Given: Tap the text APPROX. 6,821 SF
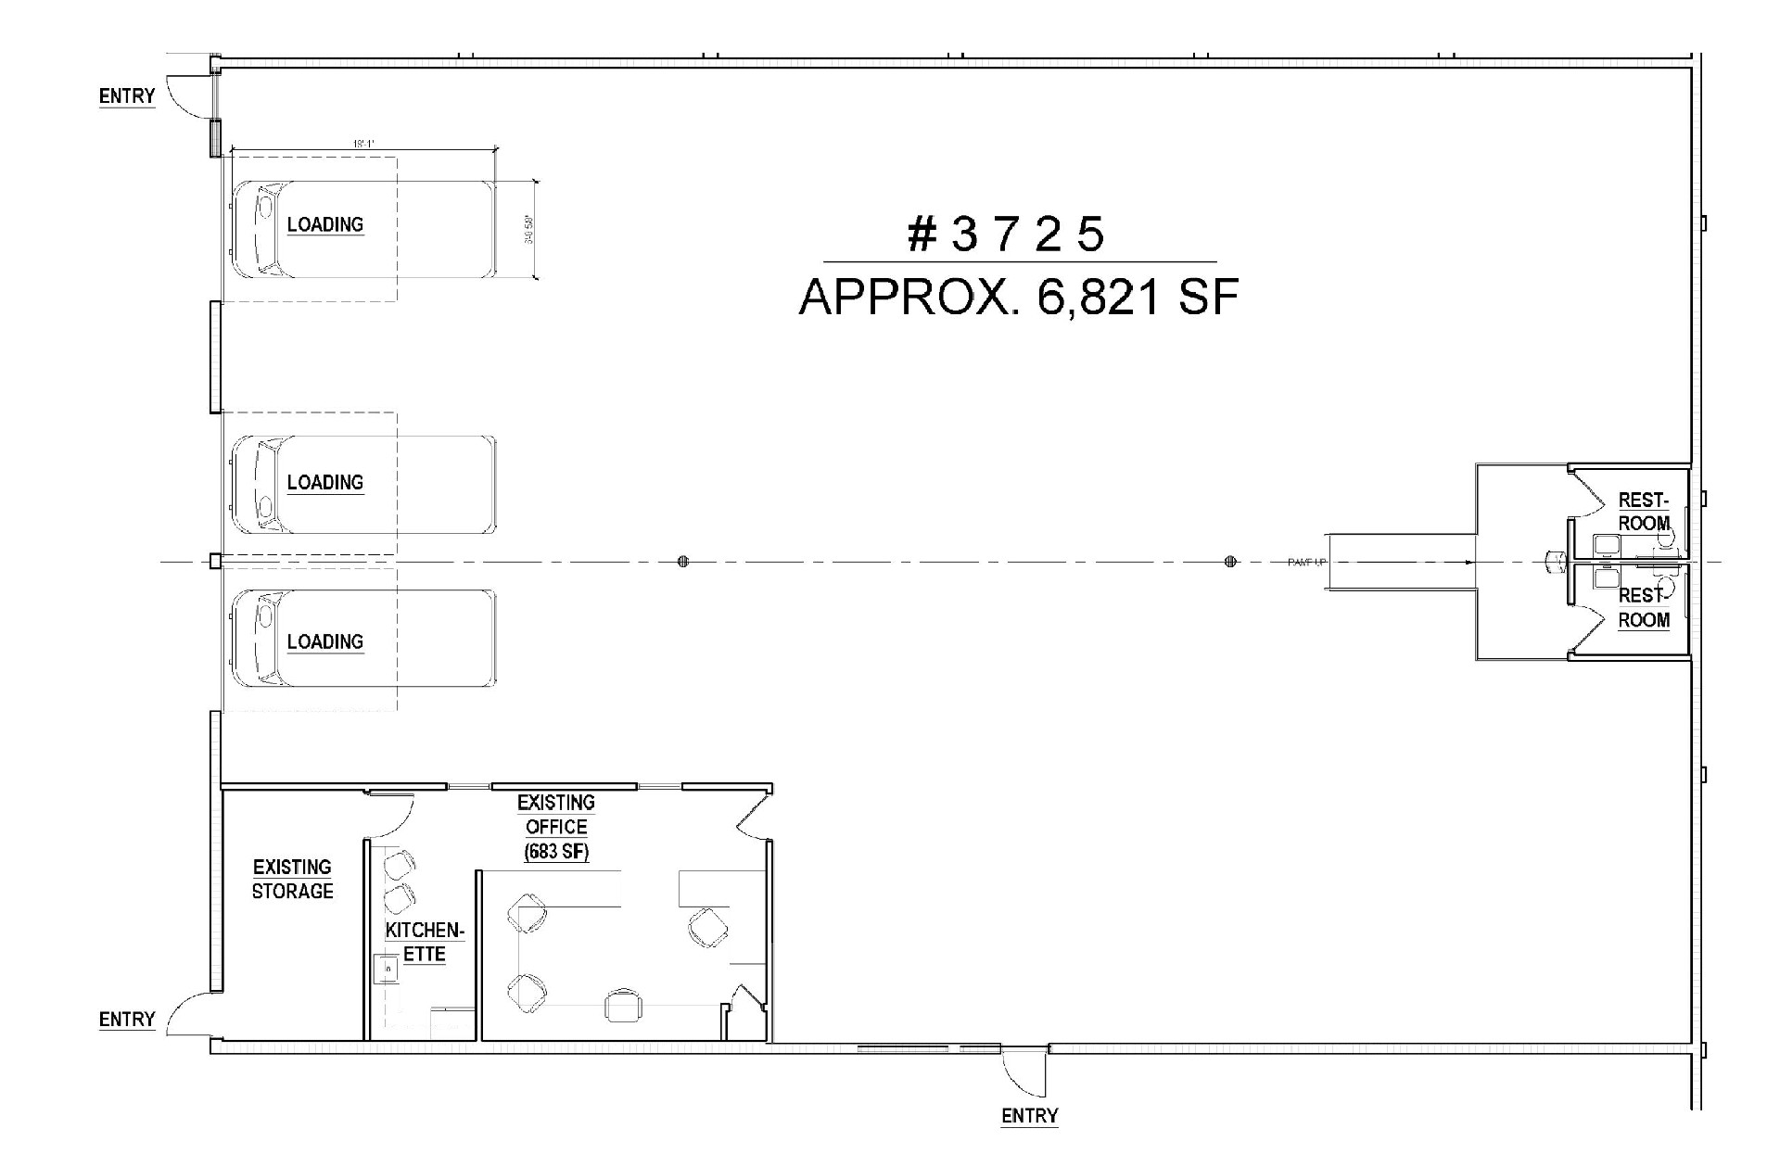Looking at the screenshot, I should (x=1018, y=298).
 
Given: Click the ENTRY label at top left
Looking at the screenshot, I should (x=127, y=96).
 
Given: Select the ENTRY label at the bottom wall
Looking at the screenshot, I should (x=1029, y=1116).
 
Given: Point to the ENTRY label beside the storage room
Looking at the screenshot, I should (x=127, y=1020).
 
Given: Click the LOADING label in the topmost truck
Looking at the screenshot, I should (x=324, y=224).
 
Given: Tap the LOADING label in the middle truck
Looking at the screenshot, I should (x=324, y=482).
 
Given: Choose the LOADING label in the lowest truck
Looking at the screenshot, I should (x=324, y=641).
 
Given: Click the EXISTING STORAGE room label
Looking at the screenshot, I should (x=292, y=879).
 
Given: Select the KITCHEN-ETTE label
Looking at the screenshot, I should (x=425, y=942).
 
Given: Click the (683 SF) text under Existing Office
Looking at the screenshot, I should (x=556, y=851).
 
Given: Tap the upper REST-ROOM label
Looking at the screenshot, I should (x=1644, y=512).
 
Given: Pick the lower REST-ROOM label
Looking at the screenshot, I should (x=1644, y=608).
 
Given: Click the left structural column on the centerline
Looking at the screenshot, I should (x=683, y=561).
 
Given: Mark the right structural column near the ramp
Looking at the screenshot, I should (x=1230, y=561).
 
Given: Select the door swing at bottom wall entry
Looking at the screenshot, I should (x=1020, y=1075).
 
